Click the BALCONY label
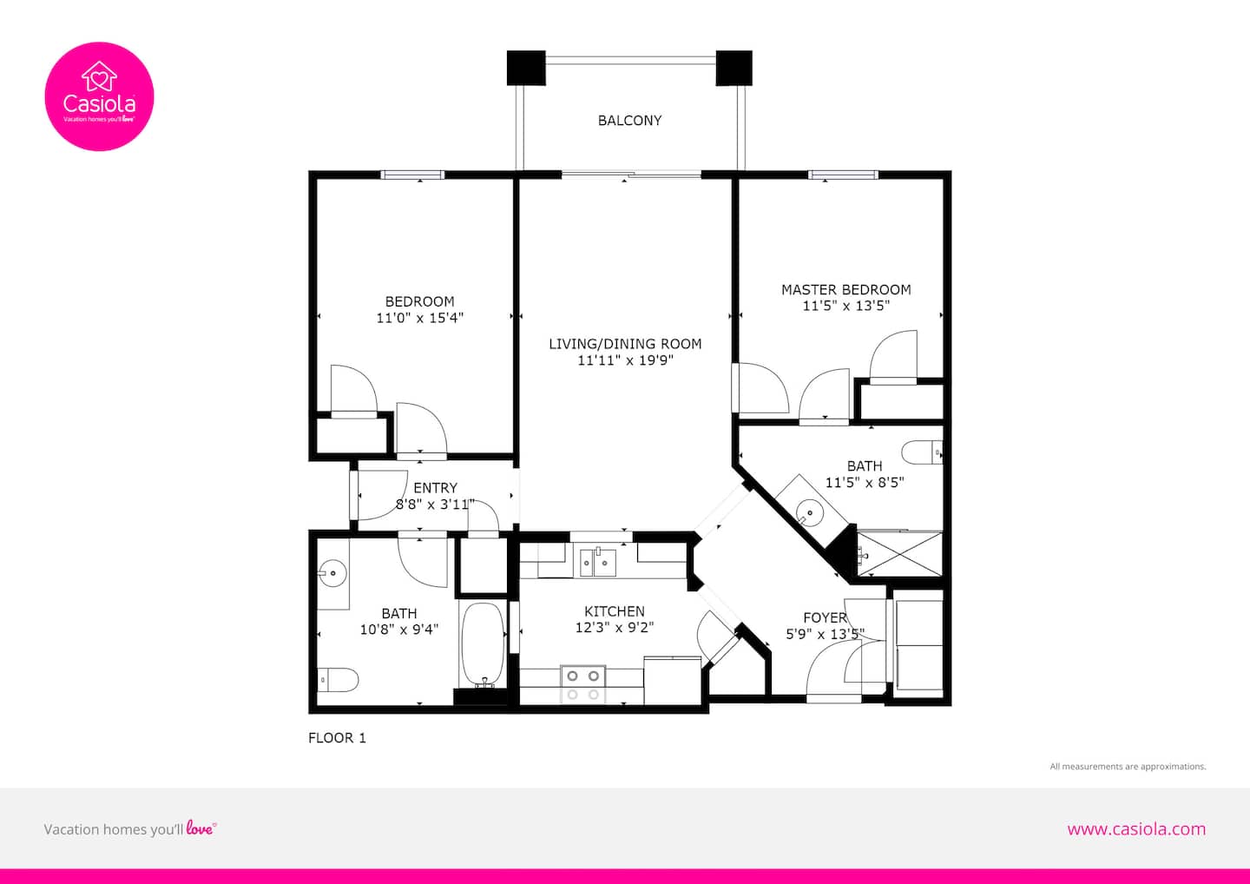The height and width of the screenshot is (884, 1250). [629, 121]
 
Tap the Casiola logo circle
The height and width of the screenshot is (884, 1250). [99, 96]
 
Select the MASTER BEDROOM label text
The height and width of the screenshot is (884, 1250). [846, 290]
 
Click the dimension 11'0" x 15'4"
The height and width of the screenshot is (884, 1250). [419, 318]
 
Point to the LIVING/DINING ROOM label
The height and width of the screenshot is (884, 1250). [625, 344]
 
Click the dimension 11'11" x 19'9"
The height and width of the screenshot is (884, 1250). [625, 360]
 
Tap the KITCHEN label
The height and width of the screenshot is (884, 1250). [615, 611]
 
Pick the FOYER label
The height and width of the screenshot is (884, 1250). [825, 617]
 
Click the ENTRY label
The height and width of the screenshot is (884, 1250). [435, 488]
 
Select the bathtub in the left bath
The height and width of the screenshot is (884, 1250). [483, 644]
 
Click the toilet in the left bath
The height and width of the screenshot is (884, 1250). [338, 680]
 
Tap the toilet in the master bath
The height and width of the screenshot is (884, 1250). [922, 452]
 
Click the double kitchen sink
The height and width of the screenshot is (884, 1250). [597, 563]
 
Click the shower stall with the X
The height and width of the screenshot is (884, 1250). [900, 554]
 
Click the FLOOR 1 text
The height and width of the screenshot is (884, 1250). [337, 738]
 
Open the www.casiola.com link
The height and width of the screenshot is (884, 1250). [1136, 829]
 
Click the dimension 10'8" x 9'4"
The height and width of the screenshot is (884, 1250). [399, 630]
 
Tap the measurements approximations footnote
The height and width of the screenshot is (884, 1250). [1128, 766]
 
